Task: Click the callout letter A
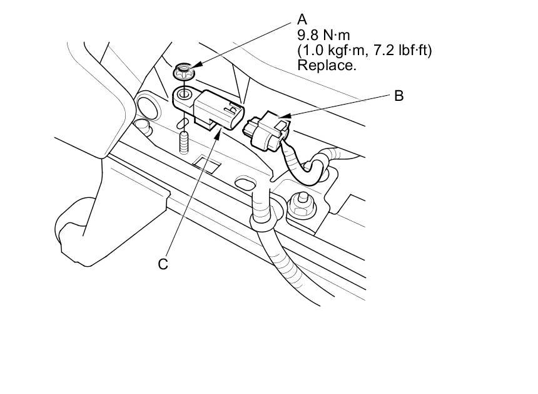tap(302, 19)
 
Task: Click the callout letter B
tap(398, 95)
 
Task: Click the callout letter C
tap(163, 264)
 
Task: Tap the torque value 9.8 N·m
tap(323, 35)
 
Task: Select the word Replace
tap(327, 65)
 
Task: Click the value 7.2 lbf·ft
tap(402, 50)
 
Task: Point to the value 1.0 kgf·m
tap(332, 50)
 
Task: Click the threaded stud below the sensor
tap(185, 143)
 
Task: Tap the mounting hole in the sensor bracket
tap(185, 94)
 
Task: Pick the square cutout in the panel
tap(206, 164)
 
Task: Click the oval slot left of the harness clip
tap(245, 182)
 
